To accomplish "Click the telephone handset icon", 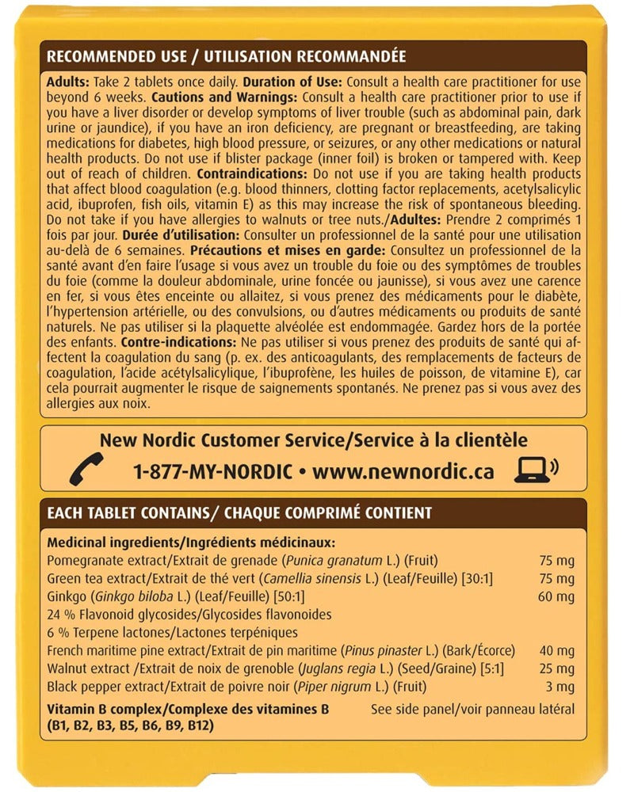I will click(81, 470).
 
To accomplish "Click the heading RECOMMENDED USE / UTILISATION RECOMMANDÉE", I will click(227, 57).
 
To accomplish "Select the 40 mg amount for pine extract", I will click(556, 650).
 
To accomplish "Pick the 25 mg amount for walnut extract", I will click(556, 668).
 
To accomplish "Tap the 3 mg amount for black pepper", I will click(560, 687).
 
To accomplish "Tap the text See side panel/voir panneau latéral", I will click(472, 709).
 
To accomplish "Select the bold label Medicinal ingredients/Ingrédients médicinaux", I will click(191, 543).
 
